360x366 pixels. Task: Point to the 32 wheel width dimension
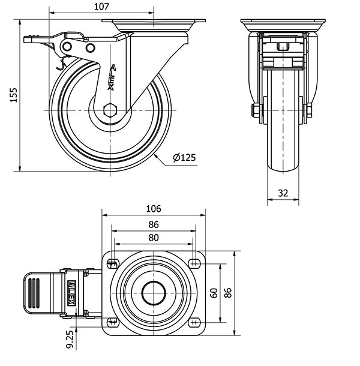(283, 193)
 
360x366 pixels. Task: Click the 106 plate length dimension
(154, 209)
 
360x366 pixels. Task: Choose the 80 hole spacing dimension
(154, 238)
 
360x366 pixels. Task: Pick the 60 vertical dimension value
(213, 293)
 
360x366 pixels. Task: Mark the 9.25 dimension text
(71, 338)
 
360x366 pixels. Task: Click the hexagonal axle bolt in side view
(110, 111)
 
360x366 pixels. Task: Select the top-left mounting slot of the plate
(112, 263)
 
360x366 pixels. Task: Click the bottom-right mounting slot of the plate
(194, 322)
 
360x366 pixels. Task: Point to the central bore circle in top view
(154, 293)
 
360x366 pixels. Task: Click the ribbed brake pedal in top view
(35, 293)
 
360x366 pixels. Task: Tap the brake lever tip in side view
(29, 40)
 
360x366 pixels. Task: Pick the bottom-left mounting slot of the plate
(112, 322)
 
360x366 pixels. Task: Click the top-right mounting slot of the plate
(194, 263)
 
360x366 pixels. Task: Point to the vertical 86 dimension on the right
(228, 293)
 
